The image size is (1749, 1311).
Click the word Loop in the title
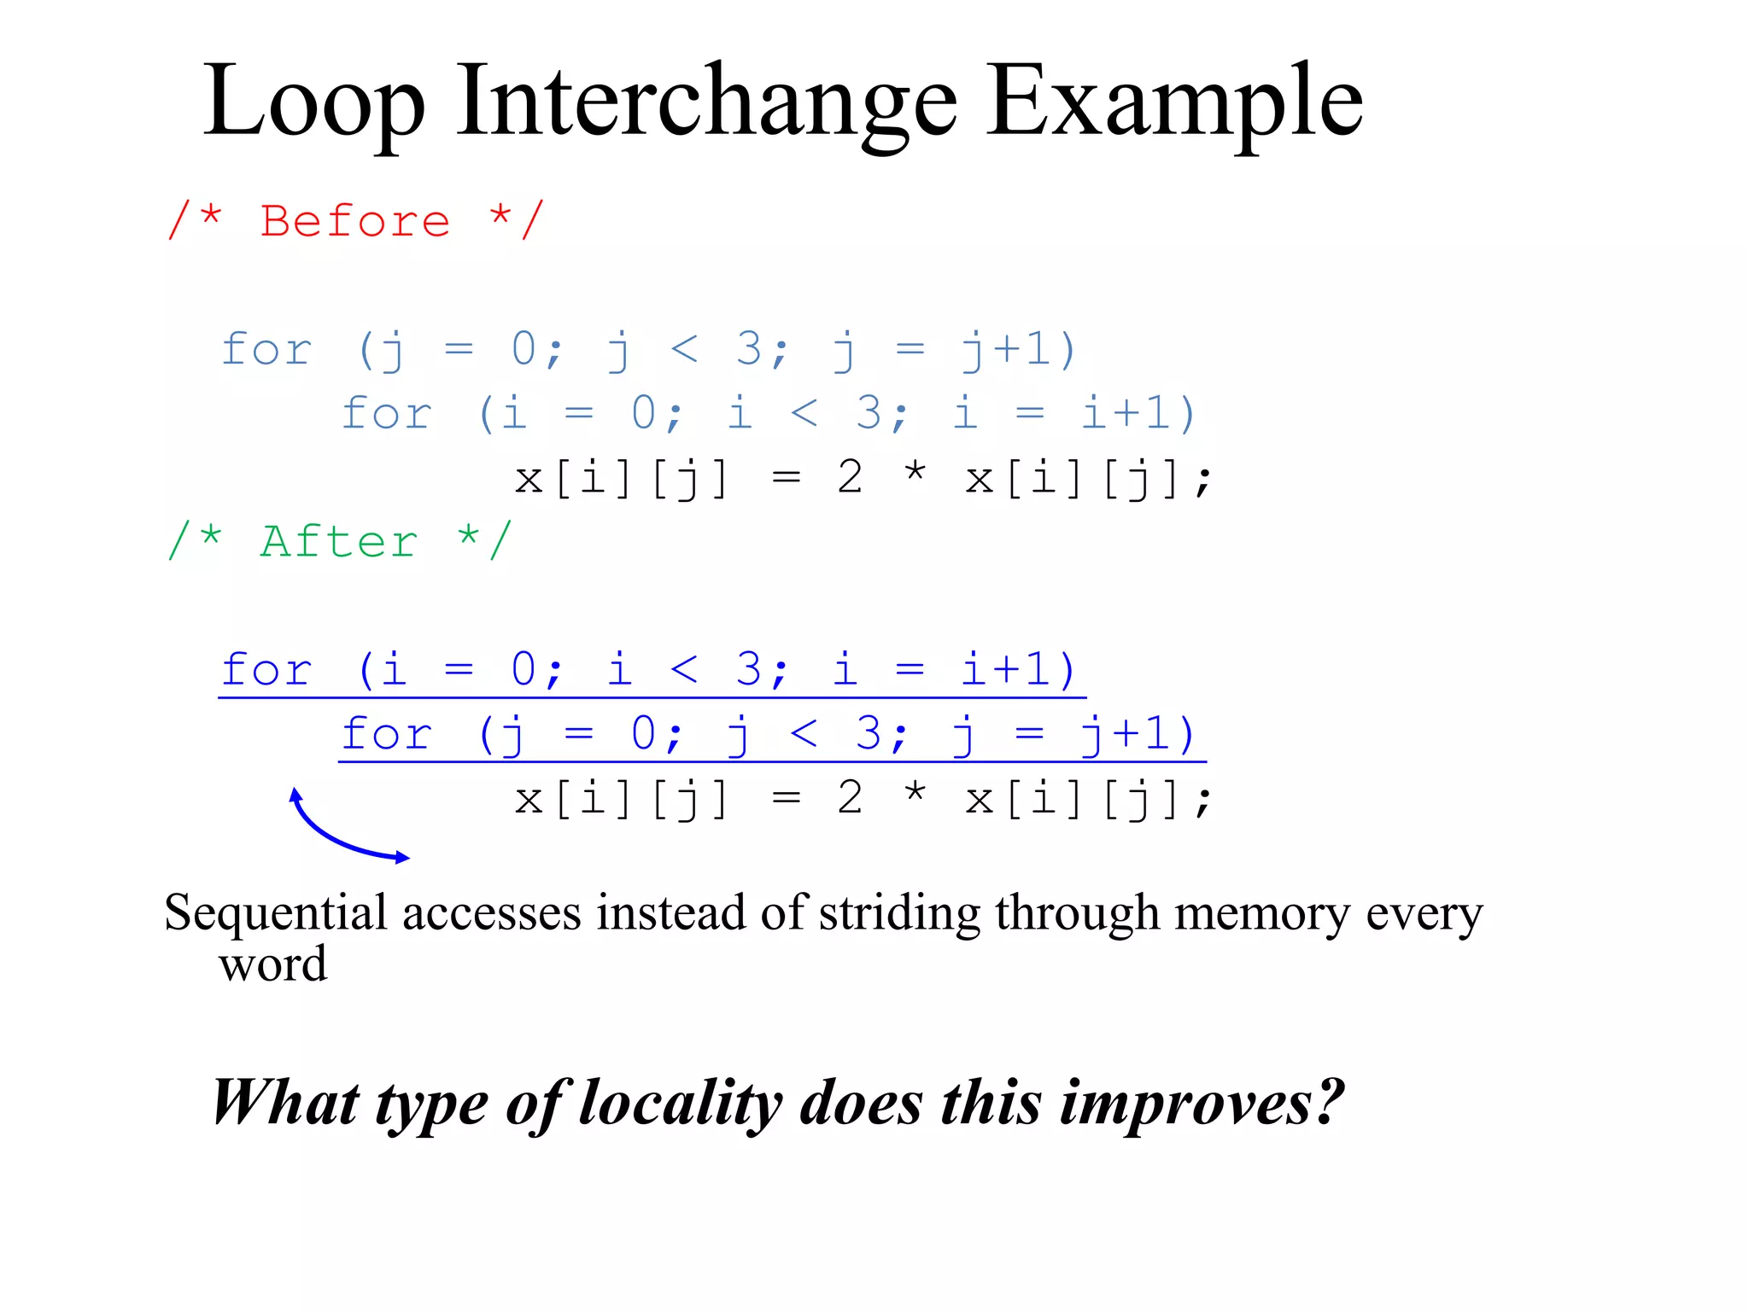313,102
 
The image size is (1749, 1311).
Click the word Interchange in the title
706,102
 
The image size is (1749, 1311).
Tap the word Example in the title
1174,102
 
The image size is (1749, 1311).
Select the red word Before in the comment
355,222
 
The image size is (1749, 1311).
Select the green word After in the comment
339,542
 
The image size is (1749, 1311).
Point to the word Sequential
276,913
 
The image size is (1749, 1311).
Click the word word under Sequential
272,964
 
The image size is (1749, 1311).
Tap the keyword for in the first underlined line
266,670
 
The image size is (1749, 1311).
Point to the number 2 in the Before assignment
850,478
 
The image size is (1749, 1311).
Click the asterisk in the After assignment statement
915,794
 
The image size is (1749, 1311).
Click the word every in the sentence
1424,913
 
